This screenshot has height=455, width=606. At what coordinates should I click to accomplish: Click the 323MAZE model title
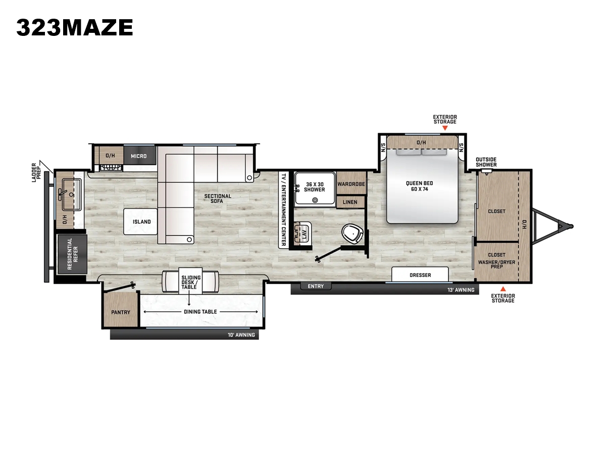coord(75,28)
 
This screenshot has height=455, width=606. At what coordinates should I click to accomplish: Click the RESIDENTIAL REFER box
coord(72,254)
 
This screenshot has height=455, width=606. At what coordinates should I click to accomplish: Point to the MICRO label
coord(138,156)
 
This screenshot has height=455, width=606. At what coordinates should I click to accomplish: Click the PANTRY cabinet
coord(120,309)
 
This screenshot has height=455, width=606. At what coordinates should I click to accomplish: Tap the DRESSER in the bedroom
coord(420,275)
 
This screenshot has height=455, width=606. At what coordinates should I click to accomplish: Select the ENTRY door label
coord(316,286)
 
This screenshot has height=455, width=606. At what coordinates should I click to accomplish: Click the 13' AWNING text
coord(461,290)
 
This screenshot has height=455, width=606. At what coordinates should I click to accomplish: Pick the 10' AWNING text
coord(241,335)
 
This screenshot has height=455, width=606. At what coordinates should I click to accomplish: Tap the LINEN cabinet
coord(350,202)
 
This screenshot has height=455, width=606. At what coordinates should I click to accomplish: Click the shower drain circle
coord(315,200)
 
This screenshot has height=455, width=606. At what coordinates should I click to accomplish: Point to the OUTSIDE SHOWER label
coord(486,162)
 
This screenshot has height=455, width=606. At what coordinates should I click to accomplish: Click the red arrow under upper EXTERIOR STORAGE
coord(445,128)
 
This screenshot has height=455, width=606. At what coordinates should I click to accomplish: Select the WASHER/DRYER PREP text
coord(497,264)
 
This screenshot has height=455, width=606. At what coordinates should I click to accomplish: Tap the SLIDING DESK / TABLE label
coord(191,282)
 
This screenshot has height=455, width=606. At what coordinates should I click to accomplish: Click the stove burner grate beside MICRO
coord(111,168)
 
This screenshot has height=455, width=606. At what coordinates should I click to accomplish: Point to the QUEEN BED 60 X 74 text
coord(419,186)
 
